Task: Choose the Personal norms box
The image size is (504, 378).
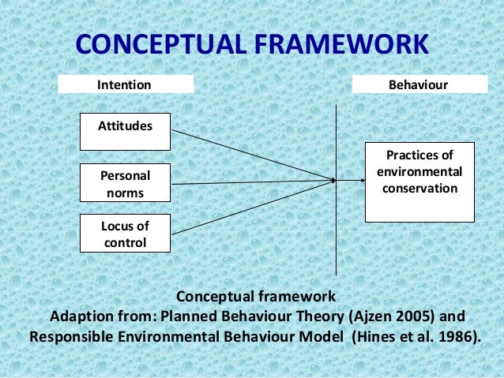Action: pyautogui.click(x=125, y=183)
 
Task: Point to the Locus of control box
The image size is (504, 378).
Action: pyautogui.click(x=125, y=234)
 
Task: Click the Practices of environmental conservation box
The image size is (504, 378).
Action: pyautogui.click(x=419, y=182)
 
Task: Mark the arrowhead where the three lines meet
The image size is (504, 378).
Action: pyautogui.click(x=333, y=181)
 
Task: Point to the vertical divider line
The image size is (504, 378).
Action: pyautogui.click(x=337, y=237)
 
